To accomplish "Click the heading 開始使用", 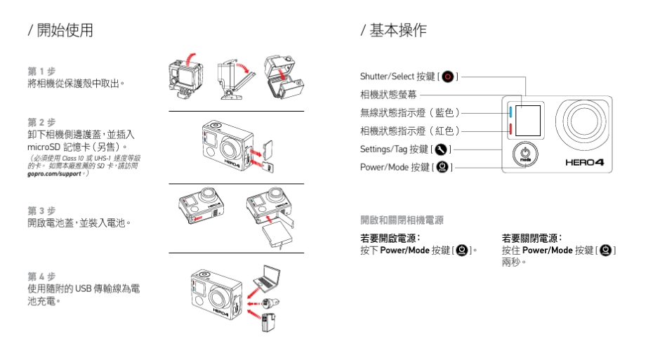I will [64, 30].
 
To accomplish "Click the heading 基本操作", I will [397, 30].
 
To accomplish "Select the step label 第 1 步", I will [41, 72].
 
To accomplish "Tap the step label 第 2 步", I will [41, 121].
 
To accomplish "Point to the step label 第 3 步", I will [41, 210].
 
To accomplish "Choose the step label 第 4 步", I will [41, 276].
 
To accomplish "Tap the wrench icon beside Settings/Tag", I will [441, 149].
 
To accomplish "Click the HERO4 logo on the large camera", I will [585, 163].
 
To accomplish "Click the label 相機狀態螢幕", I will [389, 94].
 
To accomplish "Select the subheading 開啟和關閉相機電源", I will [402, 220].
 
